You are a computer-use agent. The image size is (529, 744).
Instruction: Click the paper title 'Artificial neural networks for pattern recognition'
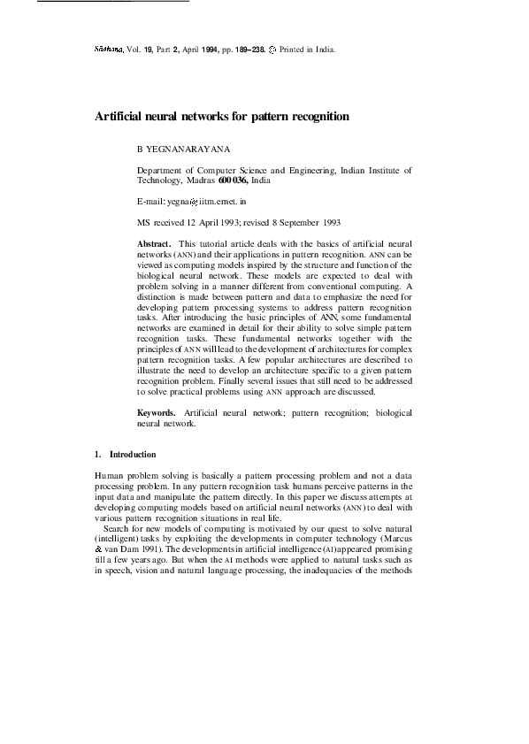222,117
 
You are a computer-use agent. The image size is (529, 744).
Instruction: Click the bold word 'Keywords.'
157,413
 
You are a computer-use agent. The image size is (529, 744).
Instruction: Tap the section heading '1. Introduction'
125,455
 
